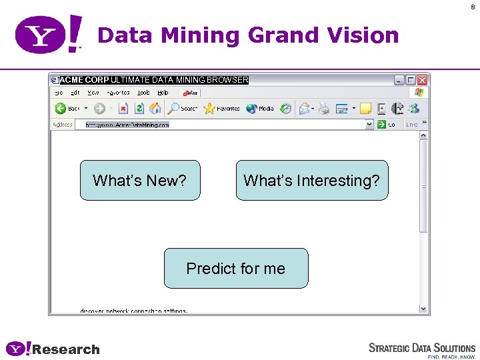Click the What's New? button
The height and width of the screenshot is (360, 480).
(x=140, y=180)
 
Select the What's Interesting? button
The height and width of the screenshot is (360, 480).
(x=311, y=180)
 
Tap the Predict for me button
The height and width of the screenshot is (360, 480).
(x=236, y=268)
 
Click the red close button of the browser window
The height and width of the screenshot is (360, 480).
(x=422, y=80)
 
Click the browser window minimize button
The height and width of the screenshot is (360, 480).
(x=399, y=80)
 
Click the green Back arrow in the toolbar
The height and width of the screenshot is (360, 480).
(x=60, y=108)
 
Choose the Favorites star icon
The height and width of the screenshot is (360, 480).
(x=209, y=108)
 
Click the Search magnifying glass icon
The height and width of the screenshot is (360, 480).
(x=173, y=108)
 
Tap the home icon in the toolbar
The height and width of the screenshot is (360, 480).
(x=155, y=108)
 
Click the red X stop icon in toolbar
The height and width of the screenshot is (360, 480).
(x=123, y=108)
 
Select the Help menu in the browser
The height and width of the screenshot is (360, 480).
(x=163, y=93)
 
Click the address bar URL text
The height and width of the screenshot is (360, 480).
(x=127, y=125)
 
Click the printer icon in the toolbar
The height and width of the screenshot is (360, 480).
(x=324, y=108)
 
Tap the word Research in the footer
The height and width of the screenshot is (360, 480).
(x=66, y=349)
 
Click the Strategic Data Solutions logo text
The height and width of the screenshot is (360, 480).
(x=422, y=348)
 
